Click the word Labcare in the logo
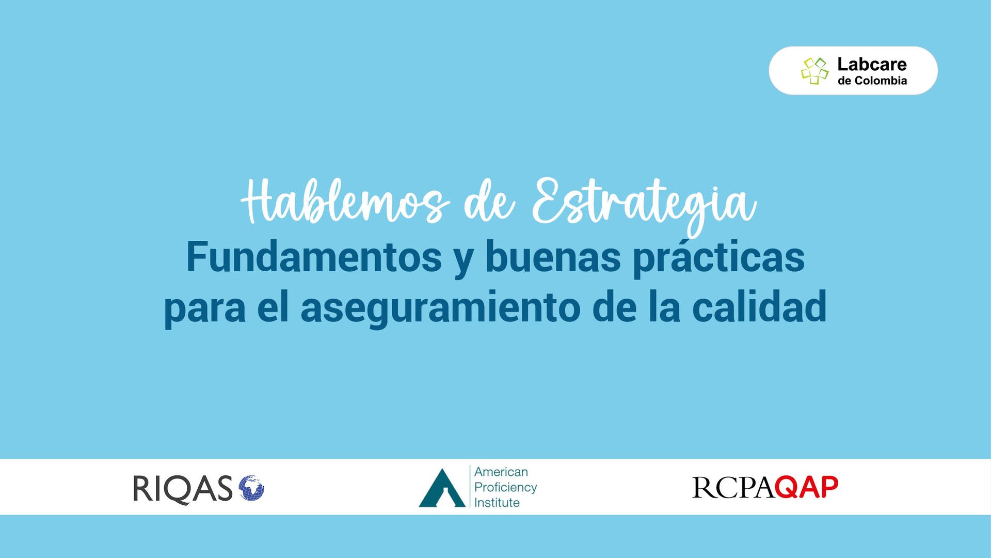pos(872,64)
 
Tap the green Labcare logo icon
pos(814,70)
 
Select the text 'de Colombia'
pos(872,81)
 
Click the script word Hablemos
pos(345,202)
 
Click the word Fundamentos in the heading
pos(314,257)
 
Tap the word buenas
pos(553,257)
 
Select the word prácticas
pos(719,258)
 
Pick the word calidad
pos(759,306)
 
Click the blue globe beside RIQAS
pos(251,488)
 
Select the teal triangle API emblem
pos(442,488)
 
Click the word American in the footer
pos(501,472)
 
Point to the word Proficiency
pos(506,488)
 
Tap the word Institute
pos(497,503)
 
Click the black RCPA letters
pos(733,488)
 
